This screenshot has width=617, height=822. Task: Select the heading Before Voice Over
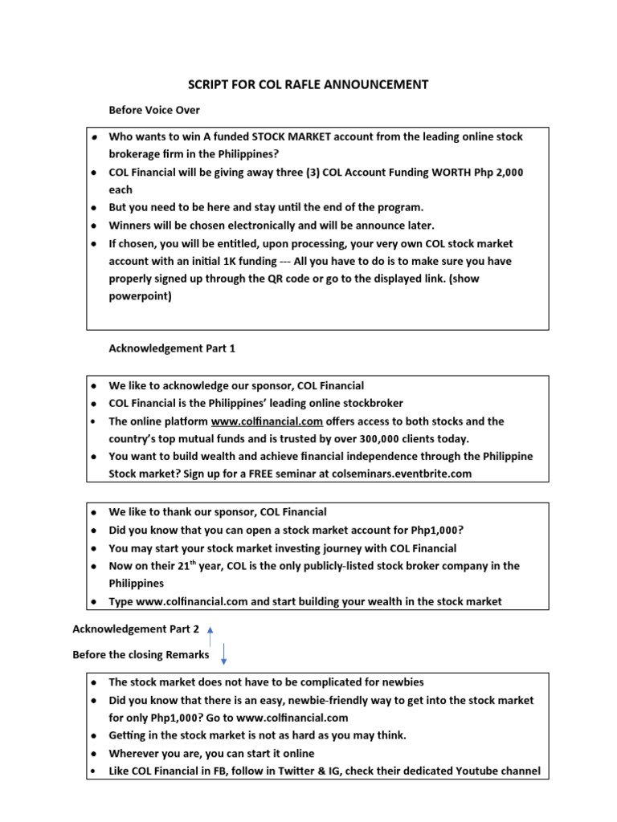(x=154, y=110)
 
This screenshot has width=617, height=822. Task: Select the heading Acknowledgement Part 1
(x=171, y=348)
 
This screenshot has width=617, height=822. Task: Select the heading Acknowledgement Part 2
(x=136, y=629)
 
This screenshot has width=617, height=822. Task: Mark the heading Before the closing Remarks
(x=141, y=655)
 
